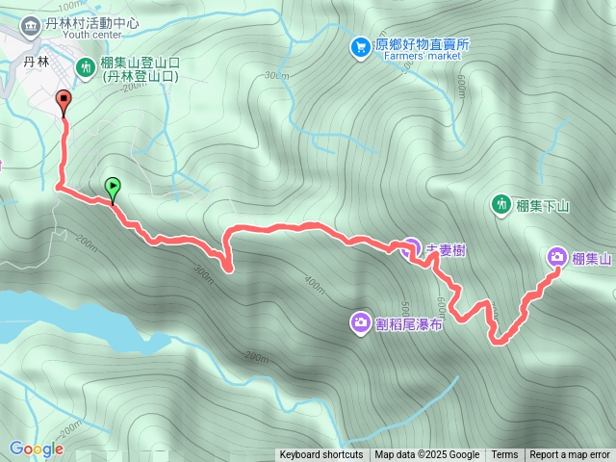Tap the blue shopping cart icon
point(360,46)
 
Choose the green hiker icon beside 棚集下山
point(500,204)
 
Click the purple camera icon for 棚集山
point(557,257)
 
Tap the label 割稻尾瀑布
point(410,324)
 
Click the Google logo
point(36,449)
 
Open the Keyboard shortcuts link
point(321,455)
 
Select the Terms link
point(504,455)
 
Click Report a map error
point(570,455)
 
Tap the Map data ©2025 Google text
point(426,455)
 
